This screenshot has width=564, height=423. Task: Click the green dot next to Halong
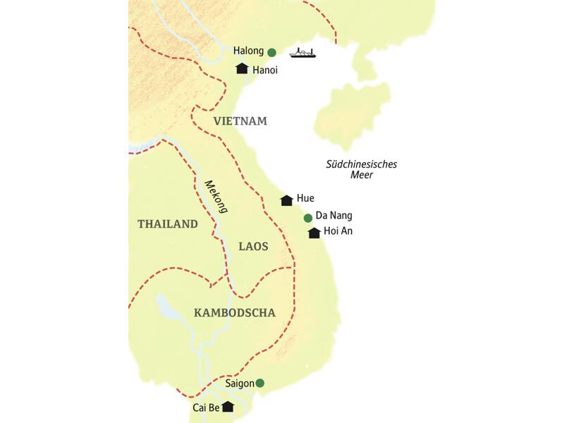tap(271, 51)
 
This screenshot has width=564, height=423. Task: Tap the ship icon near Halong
tap(302, 53)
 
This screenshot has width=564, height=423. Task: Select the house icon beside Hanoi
tap(242, 68)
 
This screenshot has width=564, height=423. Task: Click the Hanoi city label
tap(264, 70)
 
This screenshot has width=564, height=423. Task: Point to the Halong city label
tap(248, 51)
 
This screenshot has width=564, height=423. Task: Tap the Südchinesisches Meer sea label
tap(362, 170)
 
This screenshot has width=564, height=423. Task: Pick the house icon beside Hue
tap(286, 200)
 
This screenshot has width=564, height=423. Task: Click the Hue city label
tap(306, 199)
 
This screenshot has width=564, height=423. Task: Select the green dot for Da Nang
tap(307, 217)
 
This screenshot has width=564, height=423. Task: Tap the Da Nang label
tap(334, 216)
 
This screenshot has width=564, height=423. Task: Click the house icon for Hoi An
tap(314, 233)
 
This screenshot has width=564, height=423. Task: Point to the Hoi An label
tap(338, 232)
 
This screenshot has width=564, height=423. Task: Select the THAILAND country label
tap(167, 224)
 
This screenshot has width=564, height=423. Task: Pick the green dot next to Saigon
tap(259, 383)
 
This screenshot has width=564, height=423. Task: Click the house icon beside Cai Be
tap(227, 407)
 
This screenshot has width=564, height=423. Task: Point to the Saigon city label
tap(240, 384)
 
